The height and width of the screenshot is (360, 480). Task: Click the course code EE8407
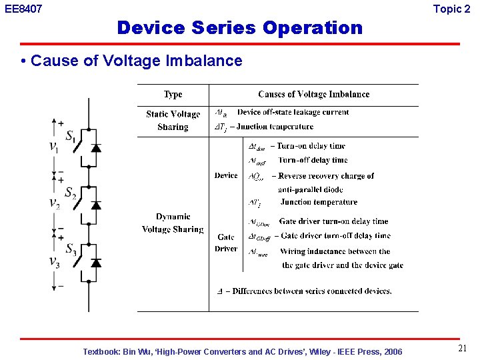point(23,9)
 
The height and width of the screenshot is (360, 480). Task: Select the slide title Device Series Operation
point(239,28)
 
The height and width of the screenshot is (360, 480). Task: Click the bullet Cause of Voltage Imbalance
point(136,61)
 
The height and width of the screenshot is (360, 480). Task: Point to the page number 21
point(462,349)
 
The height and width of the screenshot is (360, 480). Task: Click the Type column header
point(173,95)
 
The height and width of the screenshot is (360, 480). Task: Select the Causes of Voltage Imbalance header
point(313,95)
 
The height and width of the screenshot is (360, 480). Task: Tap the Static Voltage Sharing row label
point(173,120)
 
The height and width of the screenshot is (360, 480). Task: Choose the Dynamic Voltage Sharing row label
point(173,223)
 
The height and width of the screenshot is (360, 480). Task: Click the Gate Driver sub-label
point(226,243)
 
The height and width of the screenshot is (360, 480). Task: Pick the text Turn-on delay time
point(311,146)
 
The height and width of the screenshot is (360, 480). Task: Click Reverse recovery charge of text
point(323,176)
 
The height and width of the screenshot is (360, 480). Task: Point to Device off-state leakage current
point(293,112)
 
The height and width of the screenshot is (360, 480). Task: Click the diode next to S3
point(96,262)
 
